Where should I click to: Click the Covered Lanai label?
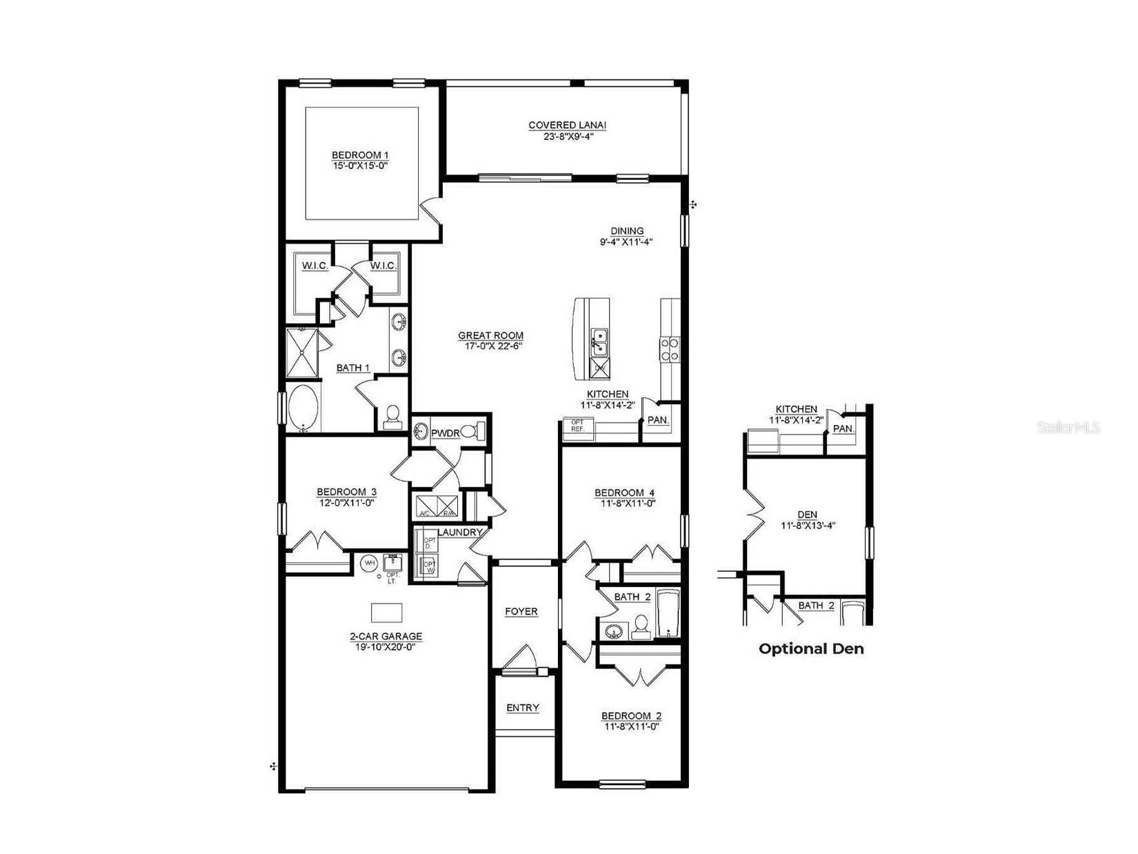pyautogui.click(x=567, y=126)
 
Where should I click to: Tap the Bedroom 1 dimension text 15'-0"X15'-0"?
pyautogui.click(x=355, y=166)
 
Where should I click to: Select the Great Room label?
pyautogui.click(x=490, y=336)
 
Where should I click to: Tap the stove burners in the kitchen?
pyautogui.click(x=670, y=349)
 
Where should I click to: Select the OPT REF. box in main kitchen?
pyautogui.click(x=577, y=426)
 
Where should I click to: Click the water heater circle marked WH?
pyautogui.click(x=370, y=563)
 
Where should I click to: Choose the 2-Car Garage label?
pyautogui.click(x=386, y=637)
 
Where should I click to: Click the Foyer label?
pyautogui.click(x=521, y=612)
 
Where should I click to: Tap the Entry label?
pyautogui.click(x=523, y=708)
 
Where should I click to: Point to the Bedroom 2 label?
pyautogui.click(x=631, y=716)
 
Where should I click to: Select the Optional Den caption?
pyautogui.click(x=811, y=648)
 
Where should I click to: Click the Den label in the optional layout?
pyautogui.click(x=807, y=515)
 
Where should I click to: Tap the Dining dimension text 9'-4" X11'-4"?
pyautogui.click(x=626, y=242)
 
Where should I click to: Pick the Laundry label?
pyautogui.click(x=459, y=533)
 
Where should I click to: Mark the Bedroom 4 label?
pyautogui.click(x=624, y=493)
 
